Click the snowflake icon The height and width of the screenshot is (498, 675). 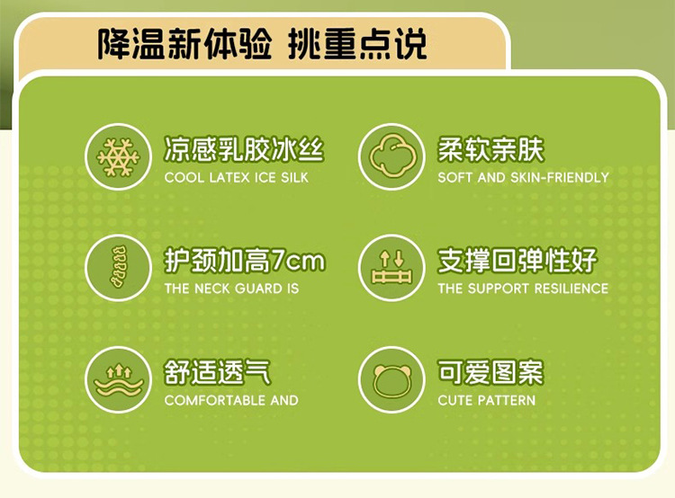[x=119, y=157]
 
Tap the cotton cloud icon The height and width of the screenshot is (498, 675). [x=392, y=156]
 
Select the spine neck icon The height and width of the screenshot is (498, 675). [x=119, y=268]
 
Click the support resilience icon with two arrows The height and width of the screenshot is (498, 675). [x=391, y=267]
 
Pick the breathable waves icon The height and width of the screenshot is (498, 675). [x=119, y=379]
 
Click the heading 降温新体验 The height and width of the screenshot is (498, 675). [x=184, y=44]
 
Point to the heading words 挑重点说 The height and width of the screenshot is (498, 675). [x=357, y=44]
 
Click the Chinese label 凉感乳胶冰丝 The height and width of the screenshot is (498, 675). [x=244, y=149]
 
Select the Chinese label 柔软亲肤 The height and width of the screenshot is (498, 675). [x=491, y=149]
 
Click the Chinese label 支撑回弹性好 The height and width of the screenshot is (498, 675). [x=517, y=261]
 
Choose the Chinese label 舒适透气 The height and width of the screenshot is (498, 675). [x=218, y=372]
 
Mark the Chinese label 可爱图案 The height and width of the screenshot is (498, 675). [x=490, y=372]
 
